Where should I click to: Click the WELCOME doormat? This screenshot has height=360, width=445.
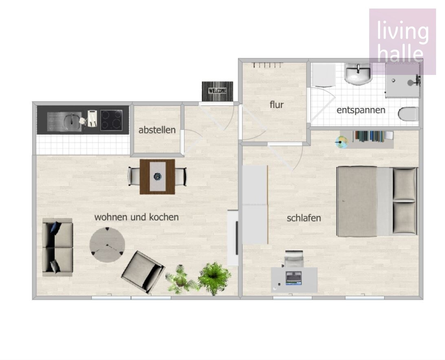tap(218, 91)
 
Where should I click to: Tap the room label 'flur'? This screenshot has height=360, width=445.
tap(276, 104)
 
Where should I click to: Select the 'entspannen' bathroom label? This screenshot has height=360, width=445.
tap(361, 110)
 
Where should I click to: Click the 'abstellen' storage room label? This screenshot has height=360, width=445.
tap(157, 130)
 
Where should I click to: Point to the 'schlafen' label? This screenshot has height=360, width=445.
tap(304, 218)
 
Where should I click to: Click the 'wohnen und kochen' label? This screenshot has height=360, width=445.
tap(137, 217)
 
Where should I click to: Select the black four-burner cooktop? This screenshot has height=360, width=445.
tap(111, 120)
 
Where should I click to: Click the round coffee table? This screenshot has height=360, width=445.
tap(107, 245)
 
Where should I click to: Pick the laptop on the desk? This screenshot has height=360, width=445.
tap(293, 278)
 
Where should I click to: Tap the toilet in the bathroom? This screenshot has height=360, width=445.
tap(408, 114)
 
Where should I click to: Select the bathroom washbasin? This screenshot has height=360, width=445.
tap(358, 74)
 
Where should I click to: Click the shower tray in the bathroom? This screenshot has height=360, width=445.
tap(403, 81)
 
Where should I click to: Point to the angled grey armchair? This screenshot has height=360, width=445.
tap(143, 272)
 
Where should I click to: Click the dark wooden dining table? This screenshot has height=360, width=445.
tap(157, 177)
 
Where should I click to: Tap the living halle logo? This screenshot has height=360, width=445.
tap(403, 42)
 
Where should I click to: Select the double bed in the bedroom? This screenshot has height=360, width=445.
tap(377, 202)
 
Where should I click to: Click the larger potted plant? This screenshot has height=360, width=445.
tap(214, 278)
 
